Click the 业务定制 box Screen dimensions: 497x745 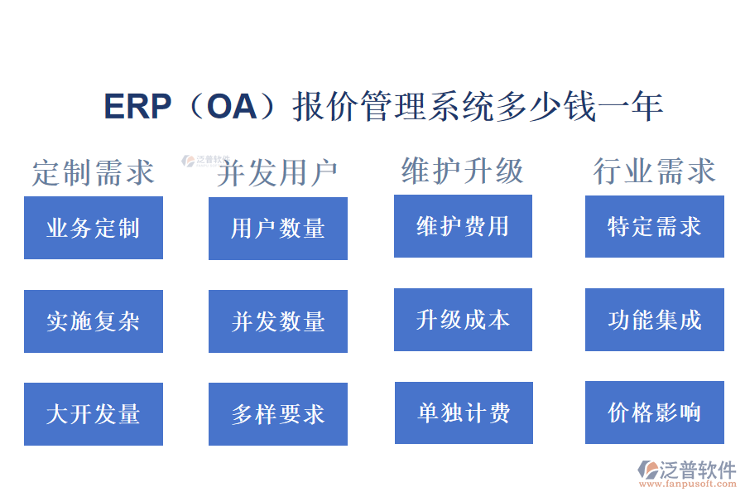pos(93,228)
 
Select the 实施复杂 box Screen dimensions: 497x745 pos(93,321)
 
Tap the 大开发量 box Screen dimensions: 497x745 pos(93,414)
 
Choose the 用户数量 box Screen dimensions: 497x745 pos(277,228)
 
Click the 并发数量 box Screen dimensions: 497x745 pos(277,321)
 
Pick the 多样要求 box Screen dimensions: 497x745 pos(277,414)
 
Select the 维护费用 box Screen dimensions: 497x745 pos(463,226)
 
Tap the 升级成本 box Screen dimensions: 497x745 pos(463,320)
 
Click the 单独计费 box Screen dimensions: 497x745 pos(464,413)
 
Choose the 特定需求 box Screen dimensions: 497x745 pos(654,226)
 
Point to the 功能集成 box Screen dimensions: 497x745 pos(654,320)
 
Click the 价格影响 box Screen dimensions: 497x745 pos(654,413)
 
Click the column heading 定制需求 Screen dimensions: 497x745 pos(93,172)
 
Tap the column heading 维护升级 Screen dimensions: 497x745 pos(463,171)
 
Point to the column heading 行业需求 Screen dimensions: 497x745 pos(654,171)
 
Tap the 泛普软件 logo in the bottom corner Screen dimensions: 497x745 pos(686,473)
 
